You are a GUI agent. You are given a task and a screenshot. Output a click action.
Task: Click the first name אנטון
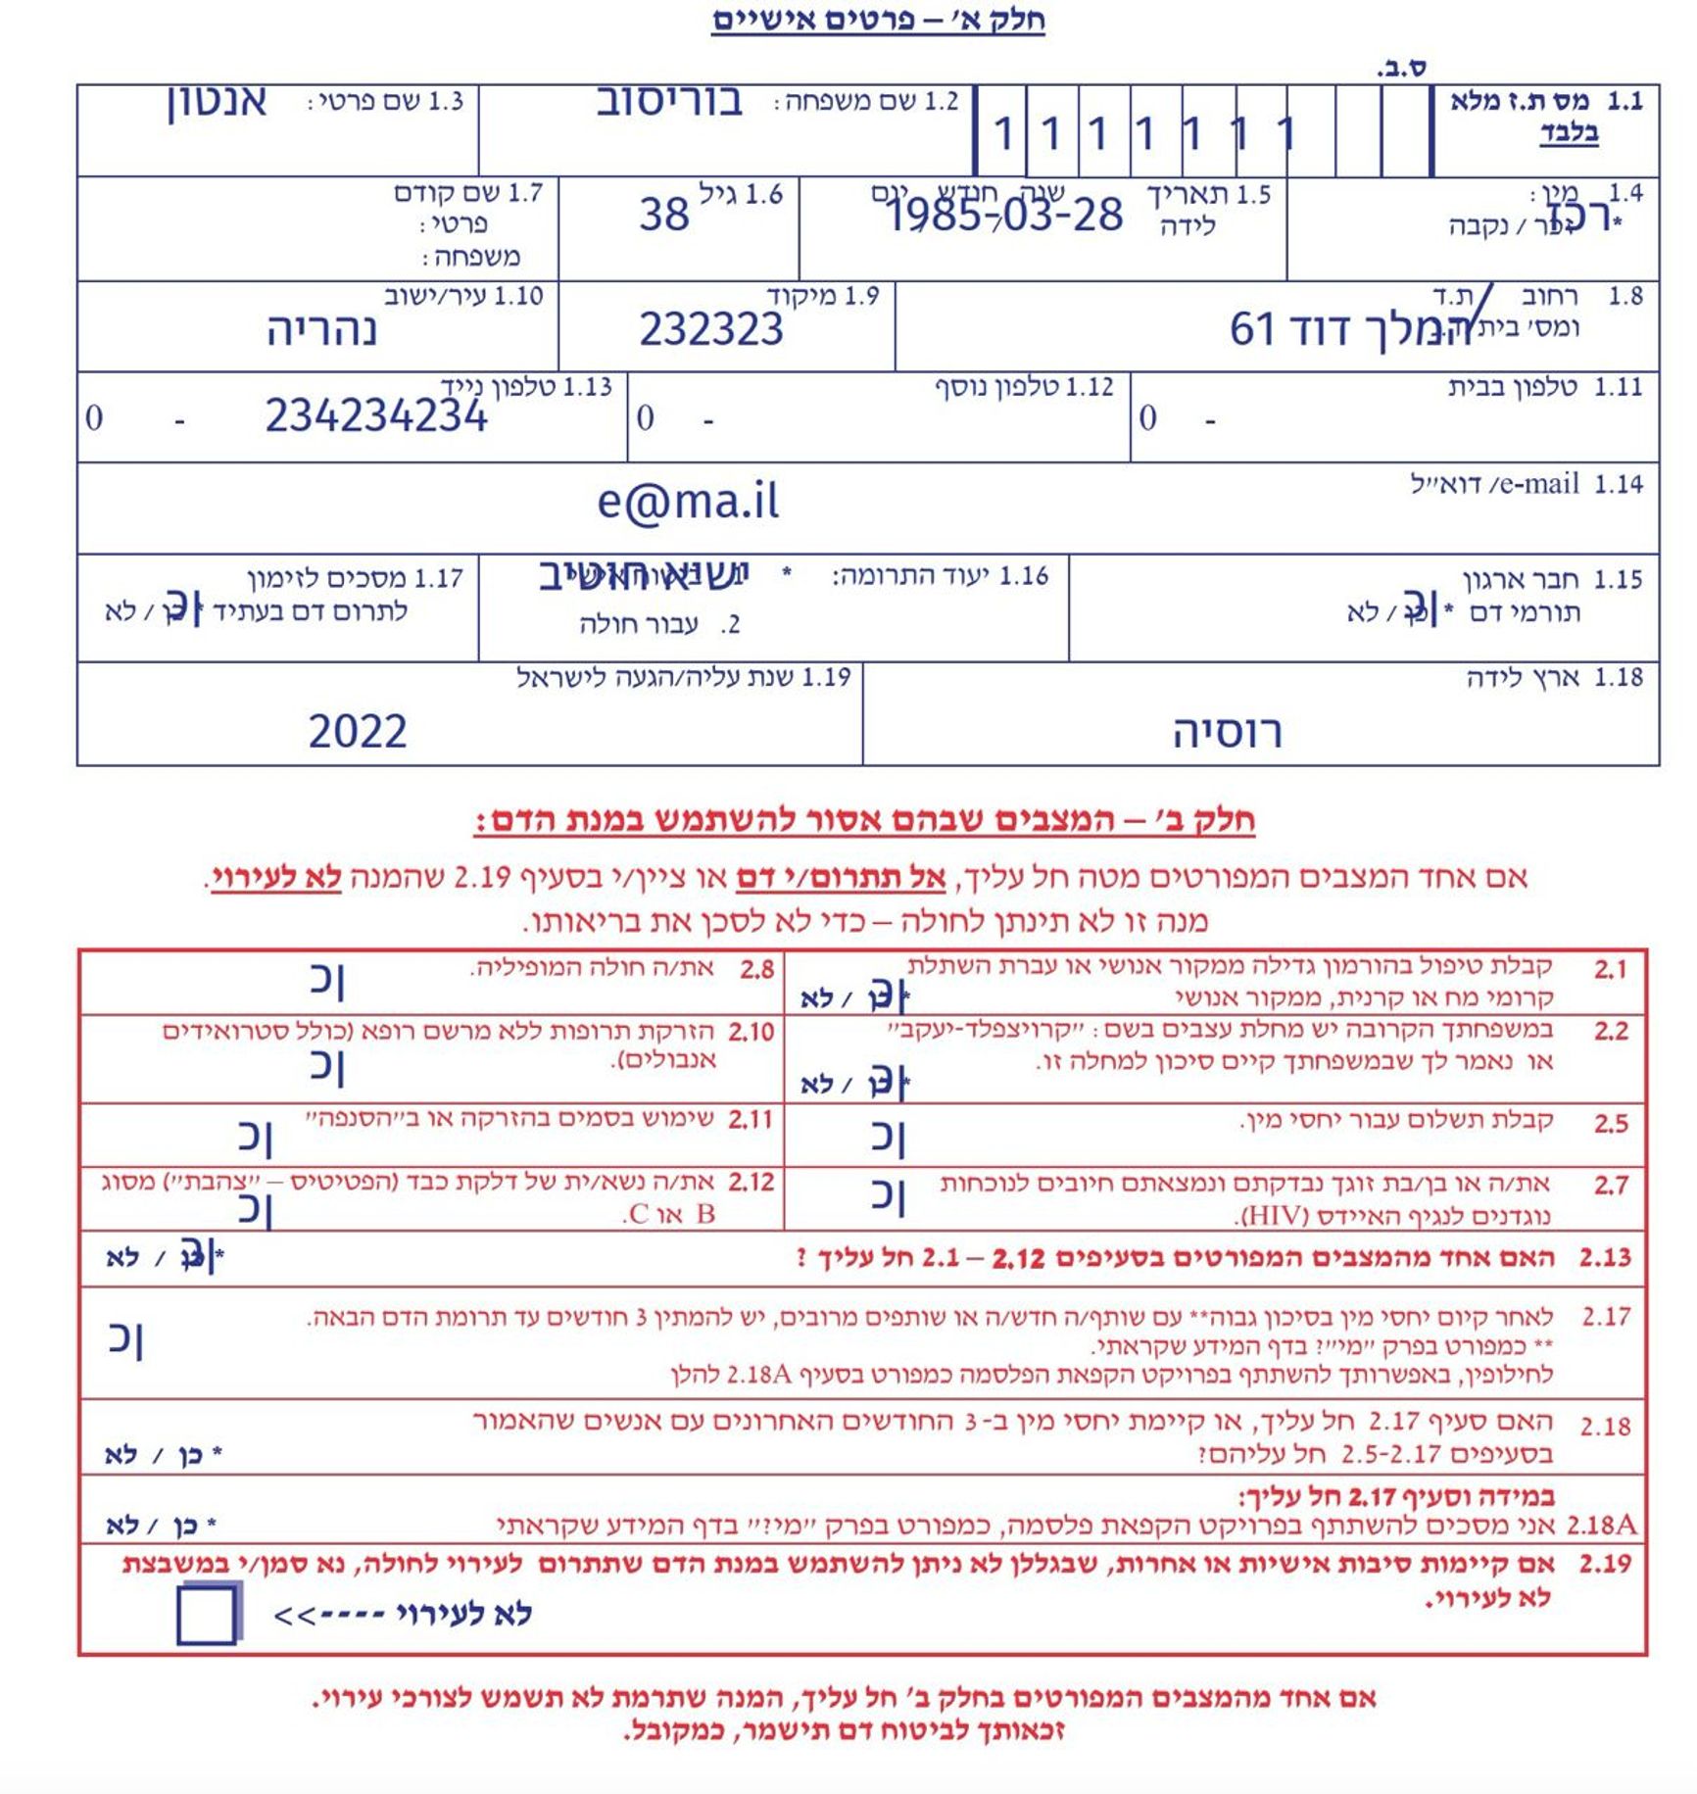tap(217, 102)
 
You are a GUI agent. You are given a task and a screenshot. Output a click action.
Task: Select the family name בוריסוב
tap(669, 102)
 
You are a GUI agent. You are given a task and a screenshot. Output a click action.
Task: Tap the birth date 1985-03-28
tap(1004, 215)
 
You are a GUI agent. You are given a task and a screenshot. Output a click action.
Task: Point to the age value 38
tap(664, 215)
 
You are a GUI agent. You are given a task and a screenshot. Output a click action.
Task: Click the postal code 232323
tap(711, 329)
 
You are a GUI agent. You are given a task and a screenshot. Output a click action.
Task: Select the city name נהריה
tap(321, 330)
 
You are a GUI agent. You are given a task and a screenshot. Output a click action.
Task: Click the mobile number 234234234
tap(376, 416)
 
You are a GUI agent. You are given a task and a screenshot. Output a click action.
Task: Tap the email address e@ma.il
tap(688, 502)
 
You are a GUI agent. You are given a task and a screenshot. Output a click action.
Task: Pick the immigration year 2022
tap(358, 732)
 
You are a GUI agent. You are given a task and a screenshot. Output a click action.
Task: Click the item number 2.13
tap(1605, 1257)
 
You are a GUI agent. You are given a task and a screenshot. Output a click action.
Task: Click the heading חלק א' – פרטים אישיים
tap(878, 20)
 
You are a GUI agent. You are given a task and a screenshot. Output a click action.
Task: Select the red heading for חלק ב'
tap(864, 820)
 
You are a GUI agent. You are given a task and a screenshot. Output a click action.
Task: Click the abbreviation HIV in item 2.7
tap(1275, 1217)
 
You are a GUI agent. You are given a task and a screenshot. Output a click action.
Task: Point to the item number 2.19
tap(1605, 1564)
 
